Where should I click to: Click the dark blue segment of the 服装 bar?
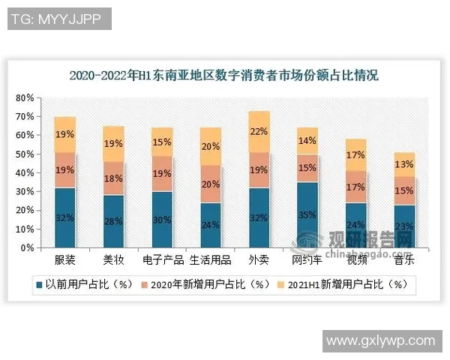65,217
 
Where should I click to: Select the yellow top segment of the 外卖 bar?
259,132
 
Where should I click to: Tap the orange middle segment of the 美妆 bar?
113,178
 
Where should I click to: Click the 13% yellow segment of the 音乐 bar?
404,165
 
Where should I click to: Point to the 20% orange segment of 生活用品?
211,184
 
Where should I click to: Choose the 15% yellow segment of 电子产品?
162,142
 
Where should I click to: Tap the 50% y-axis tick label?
25,154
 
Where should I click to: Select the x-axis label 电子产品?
162,262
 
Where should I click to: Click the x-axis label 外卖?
259,262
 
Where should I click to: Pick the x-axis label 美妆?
113,262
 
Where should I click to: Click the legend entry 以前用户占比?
76,285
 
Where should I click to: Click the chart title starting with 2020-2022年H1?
223,76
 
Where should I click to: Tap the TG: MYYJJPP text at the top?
57,19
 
